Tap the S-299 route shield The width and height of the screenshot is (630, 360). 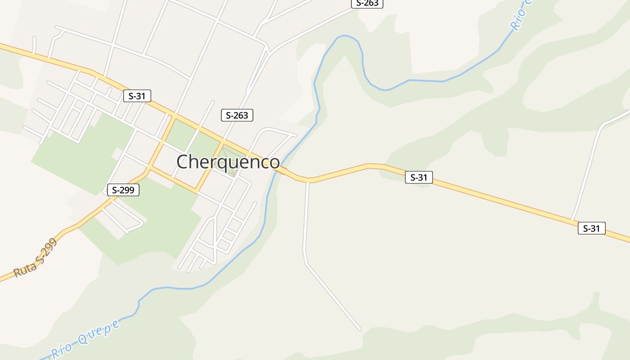tap(123, 190)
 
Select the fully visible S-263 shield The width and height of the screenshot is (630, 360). tap(237, 115)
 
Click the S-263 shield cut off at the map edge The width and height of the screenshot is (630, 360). tap(367, 3)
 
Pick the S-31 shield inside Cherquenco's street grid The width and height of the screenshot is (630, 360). tap(137, 95)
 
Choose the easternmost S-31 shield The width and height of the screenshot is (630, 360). tap(591, 228)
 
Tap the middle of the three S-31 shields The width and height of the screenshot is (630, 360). tap(419, 177)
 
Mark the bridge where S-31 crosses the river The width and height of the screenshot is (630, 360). tap(281, 170)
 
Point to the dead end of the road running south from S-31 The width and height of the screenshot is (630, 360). tap(360, 329)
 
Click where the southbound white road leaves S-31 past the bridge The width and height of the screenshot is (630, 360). tap(308, 181)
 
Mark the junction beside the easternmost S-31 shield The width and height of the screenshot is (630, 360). tap(572, 220)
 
